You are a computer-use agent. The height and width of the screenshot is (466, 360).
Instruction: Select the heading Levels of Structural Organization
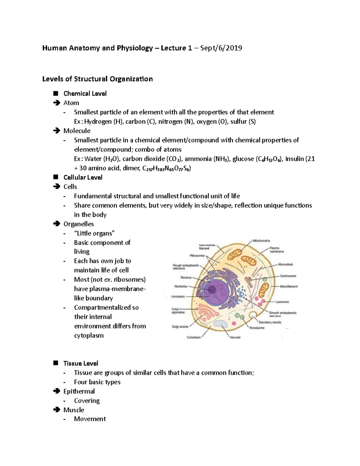[x=97, y=79]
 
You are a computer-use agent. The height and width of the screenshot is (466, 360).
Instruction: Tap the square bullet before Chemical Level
[x=55, y=93]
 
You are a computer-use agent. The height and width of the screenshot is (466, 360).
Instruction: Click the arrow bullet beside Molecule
[x=56, y=131]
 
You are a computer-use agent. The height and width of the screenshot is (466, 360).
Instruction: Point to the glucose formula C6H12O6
[x=269, y=159]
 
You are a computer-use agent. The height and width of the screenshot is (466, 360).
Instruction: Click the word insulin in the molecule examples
[x=294, y=159]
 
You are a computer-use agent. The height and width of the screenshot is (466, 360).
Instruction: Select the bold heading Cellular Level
[x=83, y=177]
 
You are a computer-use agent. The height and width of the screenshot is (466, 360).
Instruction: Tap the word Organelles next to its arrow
[x=79, y=224]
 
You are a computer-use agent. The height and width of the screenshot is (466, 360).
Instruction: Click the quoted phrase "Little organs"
[x=94, y=233]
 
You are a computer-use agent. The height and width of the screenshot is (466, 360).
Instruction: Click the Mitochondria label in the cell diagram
[x=261, y=241]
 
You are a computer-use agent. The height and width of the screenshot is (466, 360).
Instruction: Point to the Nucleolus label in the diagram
[x=181, y=286]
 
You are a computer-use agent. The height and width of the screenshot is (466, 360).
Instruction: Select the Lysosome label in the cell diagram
[x=282, y=302]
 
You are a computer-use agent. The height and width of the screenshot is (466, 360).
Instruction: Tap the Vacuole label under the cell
[x=235, y=337]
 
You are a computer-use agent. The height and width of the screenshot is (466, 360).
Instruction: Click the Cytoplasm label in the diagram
[x=193, y=337]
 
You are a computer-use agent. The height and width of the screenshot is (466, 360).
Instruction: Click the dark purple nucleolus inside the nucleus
[x=212, y=290]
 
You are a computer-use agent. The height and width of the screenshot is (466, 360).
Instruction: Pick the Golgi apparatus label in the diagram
[x=178, y=311]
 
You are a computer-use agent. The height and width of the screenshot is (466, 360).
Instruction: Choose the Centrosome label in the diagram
[x=288, y=276]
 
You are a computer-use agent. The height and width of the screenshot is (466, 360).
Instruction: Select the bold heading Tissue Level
[x=81, y=363]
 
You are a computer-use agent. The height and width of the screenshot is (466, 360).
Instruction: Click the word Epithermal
[x=79, y=391]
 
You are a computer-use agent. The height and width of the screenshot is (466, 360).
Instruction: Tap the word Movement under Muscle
[x=90, y=419]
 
